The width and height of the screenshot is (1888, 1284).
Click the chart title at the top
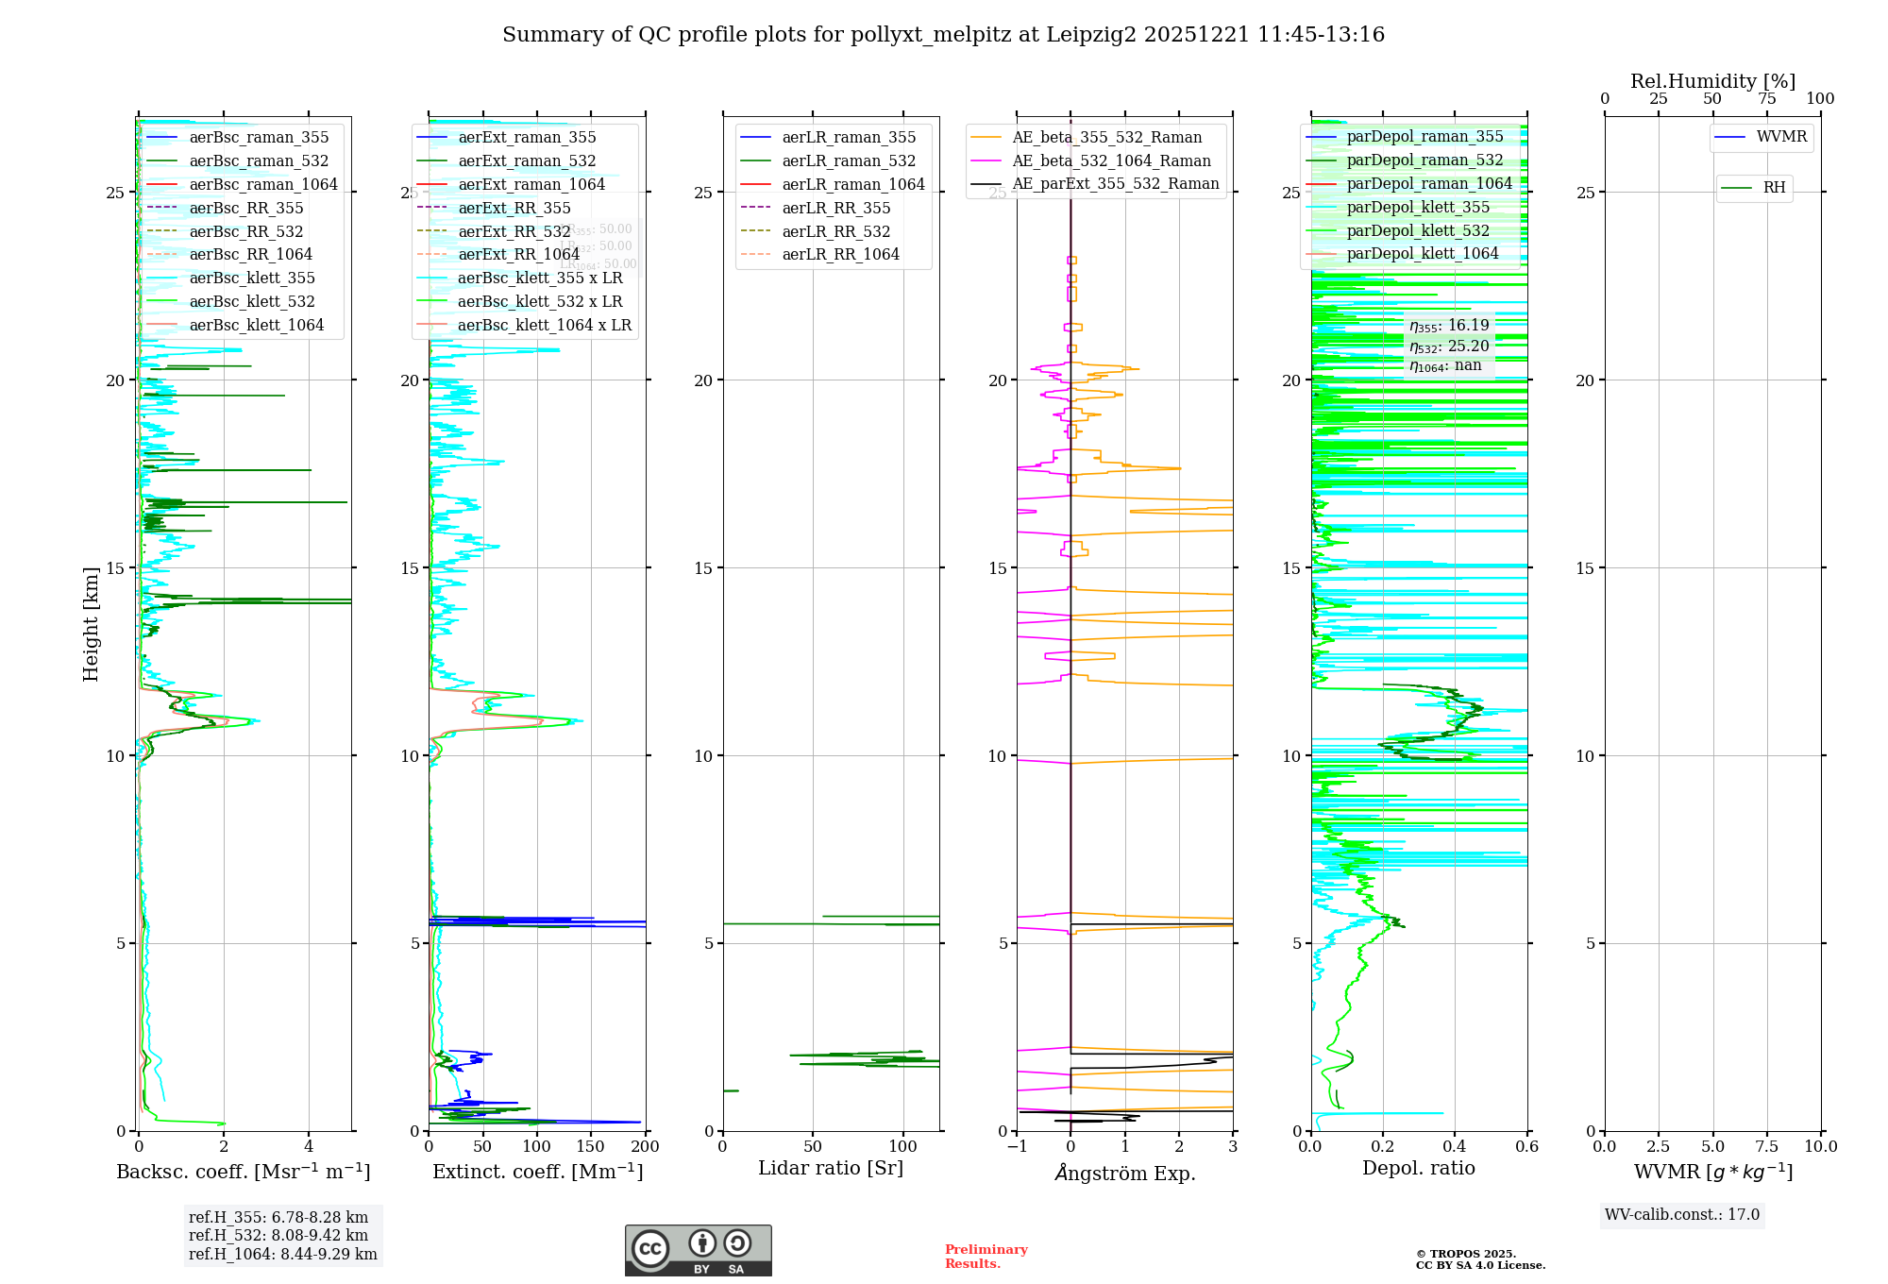click(943, 35)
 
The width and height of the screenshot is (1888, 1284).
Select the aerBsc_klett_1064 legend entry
click(256, 325)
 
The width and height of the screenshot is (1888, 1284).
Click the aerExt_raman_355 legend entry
click(527, 137)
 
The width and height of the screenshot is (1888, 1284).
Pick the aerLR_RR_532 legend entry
click(835, 231)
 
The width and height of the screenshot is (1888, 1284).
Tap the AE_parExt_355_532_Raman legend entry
click(1115, 183)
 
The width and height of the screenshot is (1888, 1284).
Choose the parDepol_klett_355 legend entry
click(1417, 207)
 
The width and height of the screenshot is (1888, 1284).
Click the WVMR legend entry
click(1780, 137)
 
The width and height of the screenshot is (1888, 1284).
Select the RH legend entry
click(1774, 188)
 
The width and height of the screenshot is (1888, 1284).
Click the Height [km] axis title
click(91, 623)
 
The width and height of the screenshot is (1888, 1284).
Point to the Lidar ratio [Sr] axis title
click(831, 1168)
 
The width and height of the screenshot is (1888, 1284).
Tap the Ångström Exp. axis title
click(1124, 1173)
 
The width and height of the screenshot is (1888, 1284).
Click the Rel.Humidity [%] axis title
click(1712, 81)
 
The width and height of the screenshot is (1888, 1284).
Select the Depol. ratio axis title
click(1418, 1168)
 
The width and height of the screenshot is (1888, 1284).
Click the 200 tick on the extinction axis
click(646, 1147)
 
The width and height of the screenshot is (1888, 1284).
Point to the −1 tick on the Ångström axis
click(1017, 1147)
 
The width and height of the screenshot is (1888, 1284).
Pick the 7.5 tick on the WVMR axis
click(1766, 1147)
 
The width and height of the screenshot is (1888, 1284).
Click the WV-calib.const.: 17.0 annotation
click(1682, 1214)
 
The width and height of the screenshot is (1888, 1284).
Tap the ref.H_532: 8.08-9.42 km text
click(278, 1235)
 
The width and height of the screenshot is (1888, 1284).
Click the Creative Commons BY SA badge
click(698, 1250)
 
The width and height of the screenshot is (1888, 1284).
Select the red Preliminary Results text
click(986, 1256)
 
